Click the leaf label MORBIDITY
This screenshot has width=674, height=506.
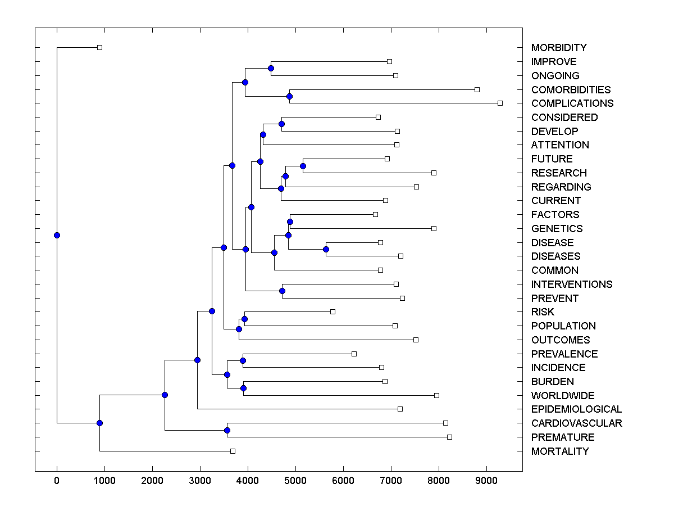click(x=558, y=48)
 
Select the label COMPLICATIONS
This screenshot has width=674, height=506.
click(x=572, y=103)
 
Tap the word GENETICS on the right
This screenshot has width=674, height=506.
click(x=556, y=229)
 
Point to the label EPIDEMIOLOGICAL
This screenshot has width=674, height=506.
click(x=576, y=409)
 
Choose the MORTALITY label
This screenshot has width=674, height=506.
click(x=559, y=451)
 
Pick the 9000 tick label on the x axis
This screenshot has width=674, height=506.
click(x=486, y=481)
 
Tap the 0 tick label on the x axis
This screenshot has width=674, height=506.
click(x=57, y=481)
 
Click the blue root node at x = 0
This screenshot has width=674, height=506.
click(x=57, y=235)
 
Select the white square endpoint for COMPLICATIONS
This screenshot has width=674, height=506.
click(x=500, y=103)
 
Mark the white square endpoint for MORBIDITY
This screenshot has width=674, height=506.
click(x=99, y=47)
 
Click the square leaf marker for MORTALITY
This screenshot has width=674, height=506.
click(x=233, y=451)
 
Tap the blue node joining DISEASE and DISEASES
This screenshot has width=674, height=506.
click(x=326, y=249)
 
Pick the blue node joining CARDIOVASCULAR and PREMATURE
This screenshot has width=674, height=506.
click(x=227, y=430)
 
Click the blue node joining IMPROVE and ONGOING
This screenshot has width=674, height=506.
click(x=271, y=68)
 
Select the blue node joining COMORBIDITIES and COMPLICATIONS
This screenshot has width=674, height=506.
click(x=289, y=96)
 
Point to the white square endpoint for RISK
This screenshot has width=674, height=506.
click(x=333, y=311)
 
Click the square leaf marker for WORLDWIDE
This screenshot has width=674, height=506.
click(x=436, y=395)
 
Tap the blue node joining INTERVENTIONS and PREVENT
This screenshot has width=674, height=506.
click(x=282, y=291)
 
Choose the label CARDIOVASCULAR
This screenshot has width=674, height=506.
click(x=576, y=423)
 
